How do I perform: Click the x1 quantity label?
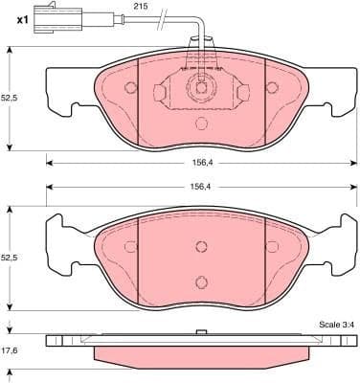coord(11,16)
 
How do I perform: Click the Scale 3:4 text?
coord(336,326)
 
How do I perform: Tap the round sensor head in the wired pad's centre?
coord(201,88)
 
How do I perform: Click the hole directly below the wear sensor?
coord(201,123)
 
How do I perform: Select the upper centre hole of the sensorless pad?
coord(201,245)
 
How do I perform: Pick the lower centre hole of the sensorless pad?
coord(201,281)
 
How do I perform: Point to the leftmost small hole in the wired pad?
coord(131,88)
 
